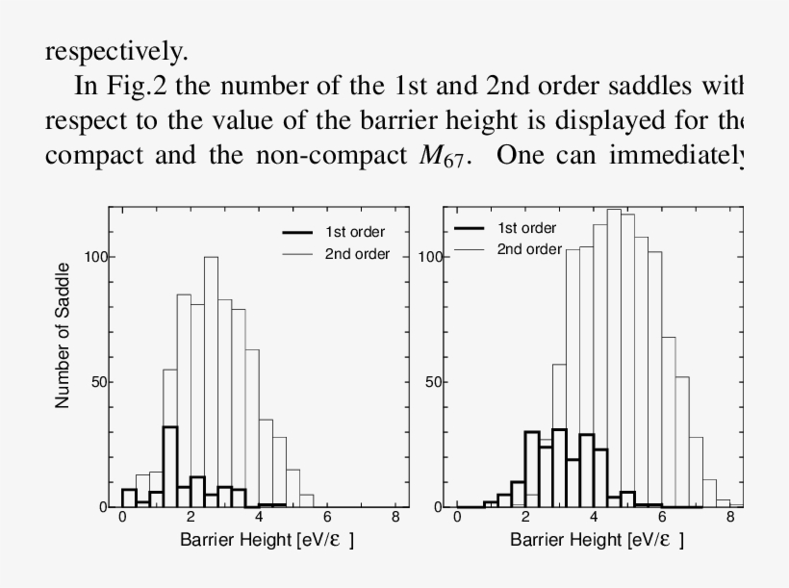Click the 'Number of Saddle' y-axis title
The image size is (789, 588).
point(64,334)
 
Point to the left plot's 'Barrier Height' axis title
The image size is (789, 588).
point(267,540)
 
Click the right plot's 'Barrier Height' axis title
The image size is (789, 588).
point(597,540)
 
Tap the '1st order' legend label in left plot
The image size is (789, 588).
point(355,232)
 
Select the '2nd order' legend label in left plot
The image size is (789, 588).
point(357,254)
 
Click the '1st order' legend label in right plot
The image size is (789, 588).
point(527,228)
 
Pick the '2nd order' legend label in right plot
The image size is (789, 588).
point(529,249)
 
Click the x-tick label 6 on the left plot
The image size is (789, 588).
point(327,517)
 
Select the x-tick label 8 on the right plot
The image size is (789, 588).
point(730,517)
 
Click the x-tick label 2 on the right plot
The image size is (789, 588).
point(525,517)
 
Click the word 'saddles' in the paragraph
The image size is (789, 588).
point(680,86)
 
